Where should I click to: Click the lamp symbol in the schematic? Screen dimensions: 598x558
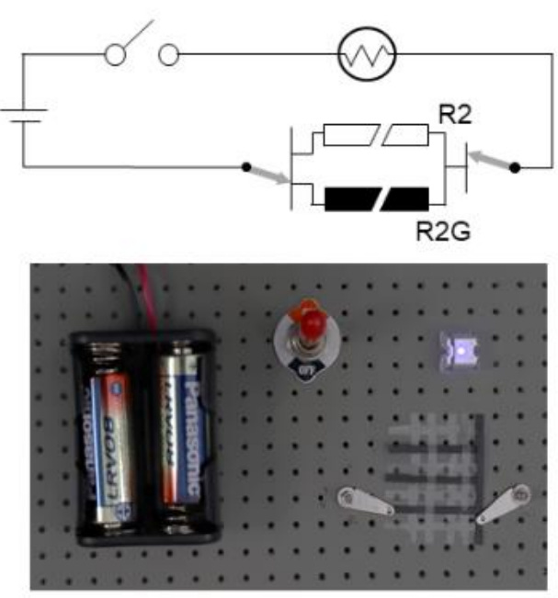[x=367, y=57]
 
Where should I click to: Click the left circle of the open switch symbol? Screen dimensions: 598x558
[x=117, y=56]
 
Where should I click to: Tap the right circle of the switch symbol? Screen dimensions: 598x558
[x=168, y=56]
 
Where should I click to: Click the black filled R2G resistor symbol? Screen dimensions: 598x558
[x=377, y=197]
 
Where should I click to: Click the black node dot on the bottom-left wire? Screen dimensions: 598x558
[x=245, y=167]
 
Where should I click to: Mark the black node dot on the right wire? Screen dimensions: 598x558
[x=515, y=167]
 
